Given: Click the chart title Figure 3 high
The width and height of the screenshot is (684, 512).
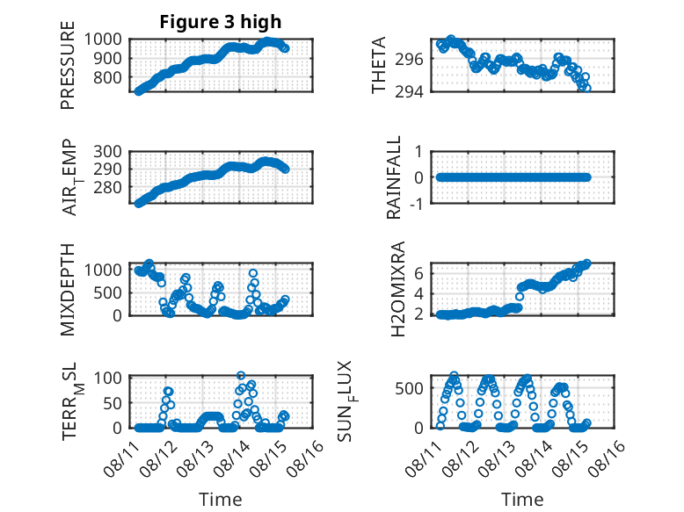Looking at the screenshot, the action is (x=221, y=22).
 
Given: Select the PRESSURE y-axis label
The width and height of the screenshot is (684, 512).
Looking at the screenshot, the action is (x=68, y=65).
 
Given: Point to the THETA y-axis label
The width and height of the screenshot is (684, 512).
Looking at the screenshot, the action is (x=379, y=65).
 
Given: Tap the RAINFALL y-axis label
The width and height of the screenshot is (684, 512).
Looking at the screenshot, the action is (x=394, y=177).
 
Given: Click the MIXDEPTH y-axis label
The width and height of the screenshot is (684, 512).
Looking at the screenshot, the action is (x=68, y=290).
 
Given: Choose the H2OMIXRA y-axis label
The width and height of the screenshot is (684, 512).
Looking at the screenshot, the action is (x=398, y=289).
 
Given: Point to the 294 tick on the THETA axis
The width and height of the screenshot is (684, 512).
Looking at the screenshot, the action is (x=409, y=92).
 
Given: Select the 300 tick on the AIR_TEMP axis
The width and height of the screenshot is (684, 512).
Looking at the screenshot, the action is (x=107, y=152).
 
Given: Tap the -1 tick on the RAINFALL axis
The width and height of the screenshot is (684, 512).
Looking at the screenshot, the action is (x=417, y=204).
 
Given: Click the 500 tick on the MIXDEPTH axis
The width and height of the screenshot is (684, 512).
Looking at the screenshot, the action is (x=107, y=292).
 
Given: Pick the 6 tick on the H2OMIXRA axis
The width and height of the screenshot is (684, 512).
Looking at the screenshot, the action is (x=418, y=274).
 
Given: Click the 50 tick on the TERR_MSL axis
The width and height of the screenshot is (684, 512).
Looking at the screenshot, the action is (x=113, y=403).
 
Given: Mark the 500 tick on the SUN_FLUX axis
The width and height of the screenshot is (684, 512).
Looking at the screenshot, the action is (x=409, y=388).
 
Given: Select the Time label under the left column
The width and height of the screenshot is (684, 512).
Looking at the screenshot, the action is (x=221, y=500).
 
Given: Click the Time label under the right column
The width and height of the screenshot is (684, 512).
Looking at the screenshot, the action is (x=522, y=500).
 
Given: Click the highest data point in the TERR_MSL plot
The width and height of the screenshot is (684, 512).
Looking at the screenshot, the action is (x=241, y=375).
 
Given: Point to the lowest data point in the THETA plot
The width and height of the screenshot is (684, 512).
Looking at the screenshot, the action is (x=587, y=88).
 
